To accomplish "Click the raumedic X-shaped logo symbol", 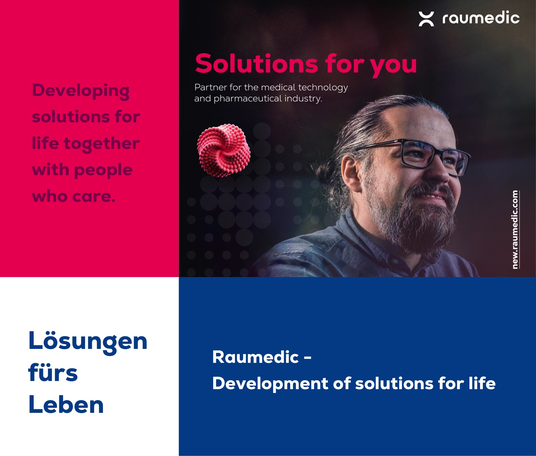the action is pos(426,19).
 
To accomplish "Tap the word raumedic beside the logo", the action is pos(481,18).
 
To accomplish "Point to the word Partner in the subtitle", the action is pos(211,87).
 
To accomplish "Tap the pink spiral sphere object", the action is pos(224,151).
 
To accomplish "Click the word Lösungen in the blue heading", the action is pos(88,341).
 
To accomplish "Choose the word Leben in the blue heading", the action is pos(66,404).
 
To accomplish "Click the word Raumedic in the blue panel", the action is pos(256,357).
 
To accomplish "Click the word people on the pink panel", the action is pos(103,171).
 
